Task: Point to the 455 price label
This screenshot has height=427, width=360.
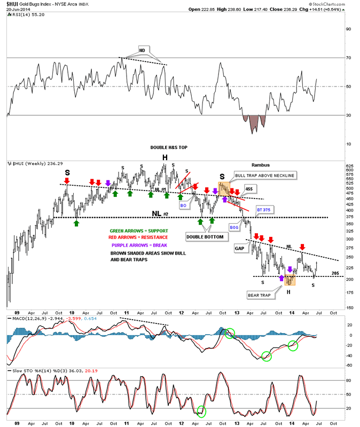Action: pyautogui.click(x=249, y=189)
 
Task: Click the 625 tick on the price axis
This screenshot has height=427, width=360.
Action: pyautogui.click(x=349, y=167)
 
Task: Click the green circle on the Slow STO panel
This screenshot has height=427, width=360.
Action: pyautogui.click(x=201, y=412)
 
